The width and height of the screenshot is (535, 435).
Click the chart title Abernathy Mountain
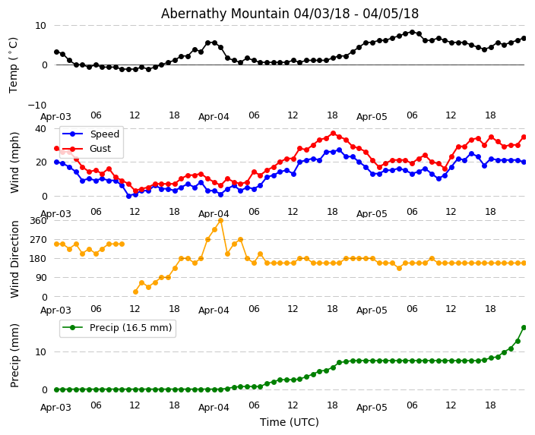(290, 14)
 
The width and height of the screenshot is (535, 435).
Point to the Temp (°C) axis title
(14, 65)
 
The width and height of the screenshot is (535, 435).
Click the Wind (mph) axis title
(14, 162)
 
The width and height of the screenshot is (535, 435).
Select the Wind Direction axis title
(14, 259)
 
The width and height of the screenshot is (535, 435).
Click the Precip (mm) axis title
(14, 355)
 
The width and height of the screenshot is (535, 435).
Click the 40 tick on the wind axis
(40, 129)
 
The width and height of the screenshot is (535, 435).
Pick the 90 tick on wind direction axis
(40, 278)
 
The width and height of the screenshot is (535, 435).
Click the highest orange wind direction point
(220, 221)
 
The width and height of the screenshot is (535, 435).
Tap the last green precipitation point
(524, 327)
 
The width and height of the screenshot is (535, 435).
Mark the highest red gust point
(333, 133)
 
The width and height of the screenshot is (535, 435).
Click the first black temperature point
(56, 52)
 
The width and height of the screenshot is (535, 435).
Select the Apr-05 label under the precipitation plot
(372, 408)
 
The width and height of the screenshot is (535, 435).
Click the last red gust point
(524, 137)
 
